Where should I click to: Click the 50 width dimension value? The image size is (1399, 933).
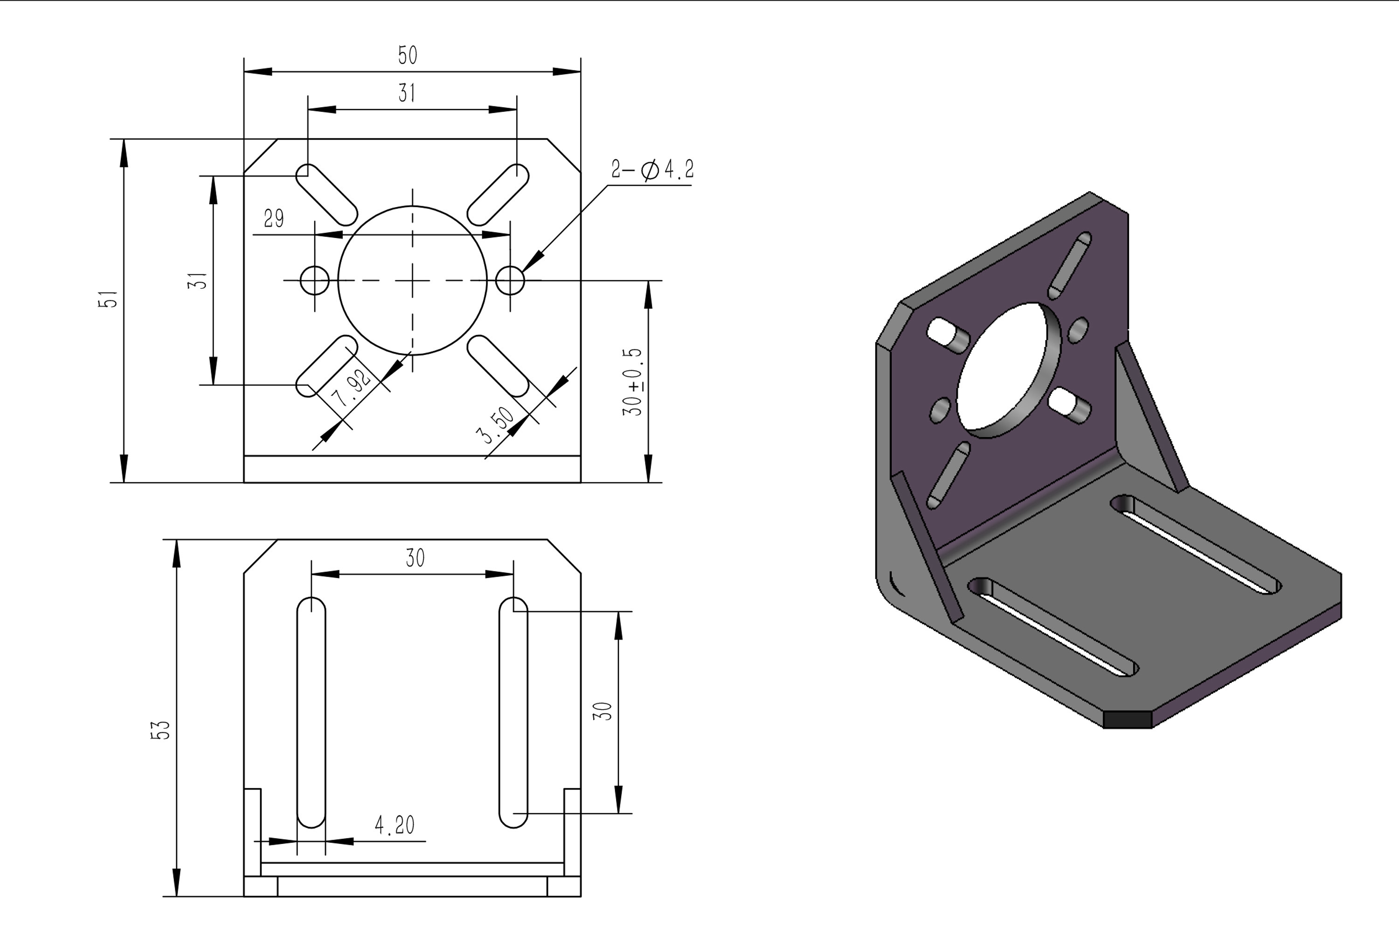pos(408,56)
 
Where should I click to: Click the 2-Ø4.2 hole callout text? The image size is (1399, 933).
pos(652,170)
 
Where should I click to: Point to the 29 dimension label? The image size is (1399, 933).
pos(274,219)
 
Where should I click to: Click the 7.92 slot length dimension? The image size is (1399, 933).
pos(353,389)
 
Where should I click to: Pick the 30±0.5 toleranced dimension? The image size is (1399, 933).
pos(633,382)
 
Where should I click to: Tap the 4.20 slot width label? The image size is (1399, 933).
pos(395,825)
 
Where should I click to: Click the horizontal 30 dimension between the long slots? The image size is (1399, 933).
pos(415,558)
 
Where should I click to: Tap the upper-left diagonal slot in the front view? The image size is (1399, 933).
pos(326,195)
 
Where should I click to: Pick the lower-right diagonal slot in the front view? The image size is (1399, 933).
pos(498,365)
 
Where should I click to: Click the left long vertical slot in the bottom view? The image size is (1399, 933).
pos(311,712)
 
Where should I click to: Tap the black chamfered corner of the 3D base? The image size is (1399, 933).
pos(1128,719)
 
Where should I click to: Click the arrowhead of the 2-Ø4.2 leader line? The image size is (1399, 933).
pos(533,262)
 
